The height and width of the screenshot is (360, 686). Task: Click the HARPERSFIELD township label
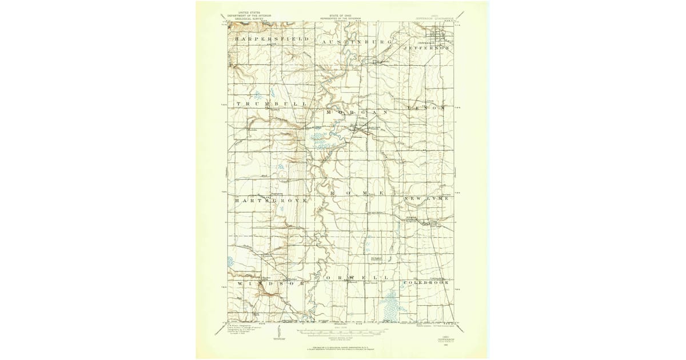point(271,39)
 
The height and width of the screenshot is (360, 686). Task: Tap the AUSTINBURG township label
point(356,42)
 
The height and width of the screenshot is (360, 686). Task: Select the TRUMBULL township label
point(272,105)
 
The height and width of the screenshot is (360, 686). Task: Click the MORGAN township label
point(356,113)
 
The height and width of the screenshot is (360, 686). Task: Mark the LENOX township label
point(426,107)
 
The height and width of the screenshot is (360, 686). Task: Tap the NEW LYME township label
point(430,198)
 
